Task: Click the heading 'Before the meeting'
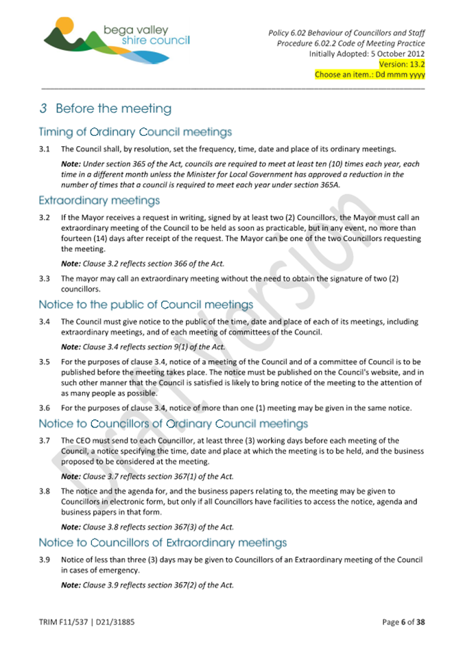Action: click(x=113, y=108)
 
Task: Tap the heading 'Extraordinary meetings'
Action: click(x=99, y=201)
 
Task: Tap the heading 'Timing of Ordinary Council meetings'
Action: click(x=135, y=132)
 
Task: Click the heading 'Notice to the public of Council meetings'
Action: click(x=146, y=305)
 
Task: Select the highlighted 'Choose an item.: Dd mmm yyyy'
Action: click(x=370, y=75)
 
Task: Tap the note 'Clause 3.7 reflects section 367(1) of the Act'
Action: click(x=147, y=476)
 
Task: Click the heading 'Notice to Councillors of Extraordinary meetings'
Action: click(x=163, y=543)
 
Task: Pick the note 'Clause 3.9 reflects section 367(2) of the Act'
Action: click(x=147, y=585)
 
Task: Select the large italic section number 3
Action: click(x=43, y=108)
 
